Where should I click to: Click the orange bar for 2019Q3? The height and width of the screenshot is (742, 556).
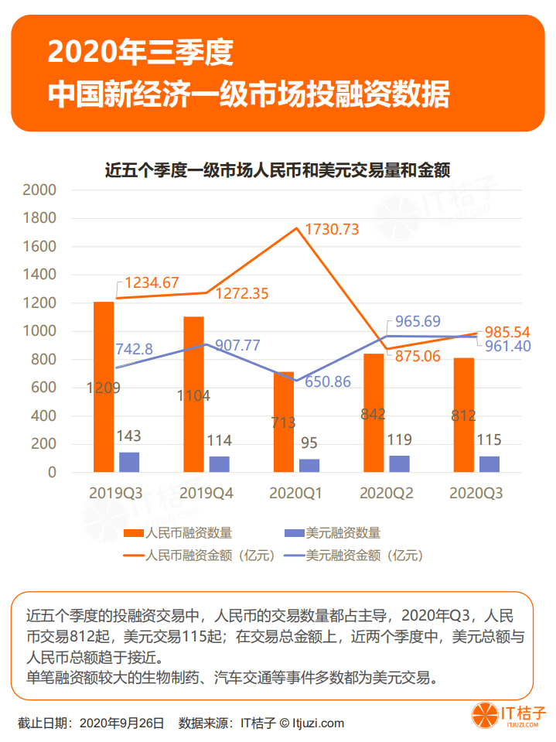[x=104, y=387]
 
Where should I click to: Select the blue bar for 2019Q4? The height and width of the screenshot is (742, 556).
[x=220, y=464]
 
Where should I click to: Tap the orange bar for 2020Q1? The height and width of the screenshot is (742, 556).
[x=284, y=422]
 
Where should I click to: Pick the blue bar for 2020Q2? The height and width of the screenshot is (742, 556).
[x=400, y=463]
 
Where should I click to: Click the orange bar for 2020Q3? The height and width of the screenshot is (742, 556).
[x=464, y=415]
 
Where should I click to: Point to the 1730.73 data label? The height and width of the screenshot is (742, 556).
[x=332, y=230]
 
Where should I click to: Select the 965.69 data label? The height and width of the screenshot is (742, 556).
[x=423, y=321]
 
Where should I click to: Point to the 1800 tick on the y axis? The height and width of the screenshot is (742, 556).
[x=40, y=218]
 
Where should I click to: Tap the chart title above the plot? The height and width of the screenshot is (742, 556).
[x=278, y=169]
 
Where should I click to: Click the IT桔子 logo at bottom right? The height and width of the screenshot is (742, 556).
[x=509, y=716]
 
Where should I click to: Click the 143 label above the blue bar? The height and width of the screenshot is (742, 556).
[x=128, y=436]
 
